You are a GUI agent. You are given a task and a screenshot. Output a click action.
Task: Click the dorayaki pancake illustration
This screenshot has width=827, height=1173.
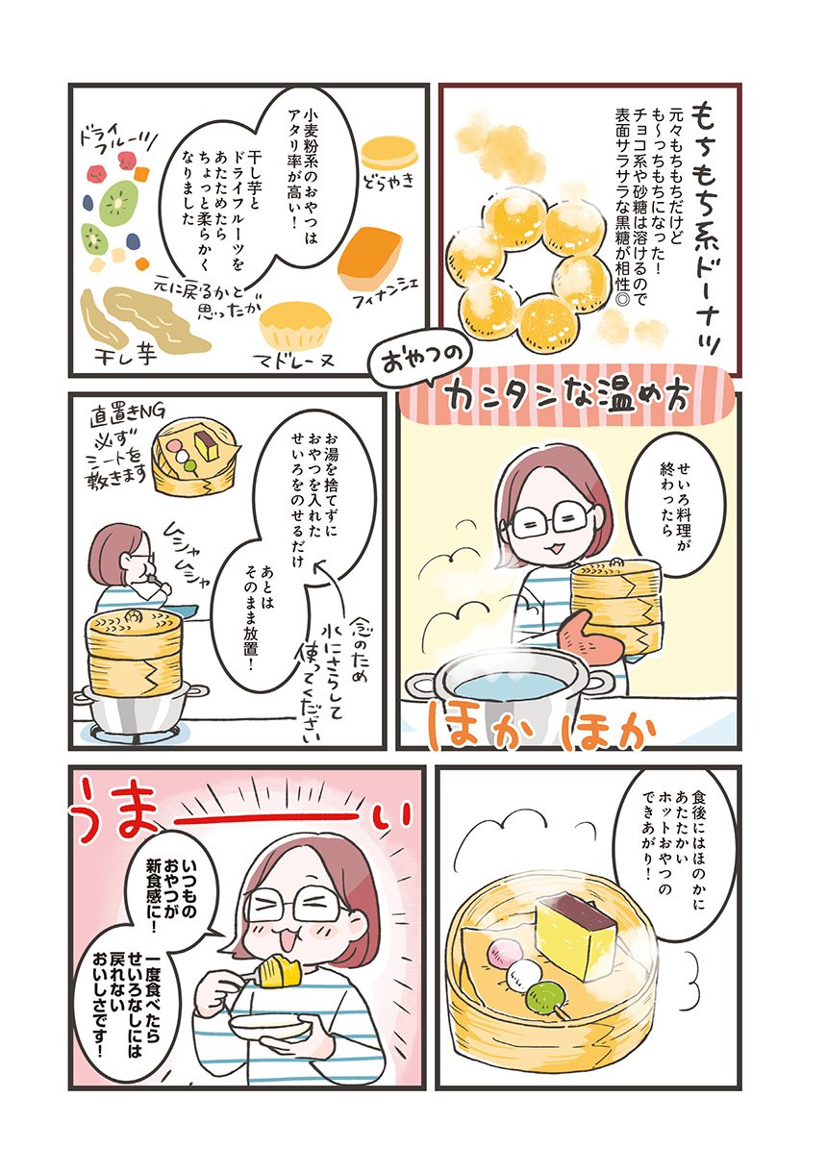(x=390, y=152)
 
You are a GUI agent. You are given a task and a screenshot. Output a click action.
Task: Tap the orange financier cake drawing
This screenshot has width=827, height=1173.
(x=371, y=256)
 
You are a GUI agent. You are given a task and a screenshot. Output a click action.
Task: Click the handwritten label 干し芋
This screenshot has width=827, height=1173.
(x=126, y=357)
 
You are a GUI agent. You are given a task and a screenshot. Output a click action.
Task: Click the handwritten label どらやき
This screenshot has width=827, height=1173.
(x=388, y=181)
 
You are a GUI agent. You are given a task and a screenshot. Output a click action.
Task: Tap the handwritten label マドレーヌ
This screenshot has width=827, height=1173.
(x=293, y=360)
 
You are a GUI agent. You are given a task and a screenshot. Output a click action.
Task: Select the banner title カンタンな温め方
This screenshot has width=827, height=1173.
(x=568, y=401)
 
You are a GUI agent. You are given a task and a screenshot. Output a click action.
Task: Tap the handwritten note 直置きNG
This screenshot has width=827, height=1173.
(x=129, y=417)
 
